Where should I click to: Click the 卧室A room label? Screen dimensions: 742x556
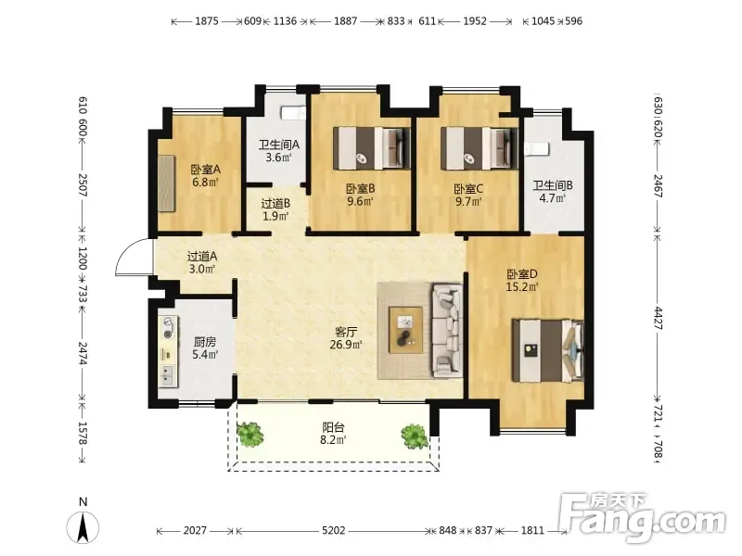(205, 170)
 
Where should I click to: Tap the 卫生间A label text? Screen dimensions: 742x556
(279, 145)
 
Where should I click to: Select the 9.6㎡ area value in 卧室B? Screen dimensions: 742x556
(360, 201)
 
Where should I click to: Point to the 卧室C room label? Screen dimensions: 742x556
(468, 189)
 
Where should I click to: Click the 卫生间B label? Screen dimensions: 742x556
(553, 185)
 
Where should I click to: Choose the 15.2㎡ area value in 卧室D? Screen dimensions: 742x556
(522, 287)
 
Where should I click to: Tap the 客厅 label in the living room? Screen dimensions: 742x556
(346, 332)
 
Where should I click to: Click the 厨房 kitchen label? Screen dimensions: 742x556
(205, 342)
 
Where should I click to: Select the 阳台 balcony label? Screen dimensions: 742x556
(333, 427)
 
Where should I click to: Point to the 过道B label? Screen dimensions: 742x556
(275, 204)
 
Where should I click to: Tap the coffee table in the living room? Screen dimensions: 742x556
(405, 330)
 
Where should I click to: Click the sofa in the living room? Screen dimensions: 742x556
(446, 330)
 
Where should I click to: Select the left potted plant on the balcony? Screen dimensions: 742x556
(249, 435)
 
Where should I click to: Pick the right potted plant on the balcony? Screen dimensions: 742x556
(415, 436)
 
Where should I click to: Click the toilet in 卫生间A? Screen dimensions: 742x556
(294, 113)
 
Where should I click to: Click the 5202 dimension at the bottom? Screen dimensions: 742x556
(334, 531)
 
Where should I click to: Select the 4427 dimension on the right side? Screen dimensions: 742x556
(659, 318)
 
